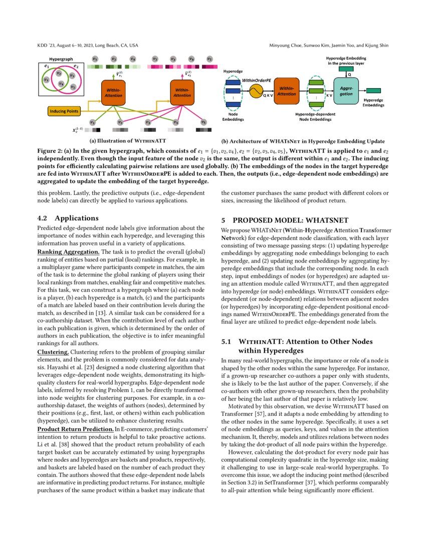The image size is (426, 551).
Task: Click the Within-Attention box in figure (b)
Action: point(287,91)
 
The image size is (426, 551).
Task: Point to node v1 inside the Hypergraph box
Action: point(46,79)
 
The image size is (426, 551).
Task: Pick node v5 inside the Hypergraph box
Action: point(73,86)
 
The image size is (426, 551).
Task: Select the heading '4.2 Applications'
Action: point(70,218)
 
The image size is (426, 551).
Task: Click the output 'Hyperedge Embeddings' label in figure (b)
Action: point(374,103)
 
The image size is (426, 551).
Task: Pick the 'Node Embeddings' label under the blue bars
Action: point(233,117)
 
